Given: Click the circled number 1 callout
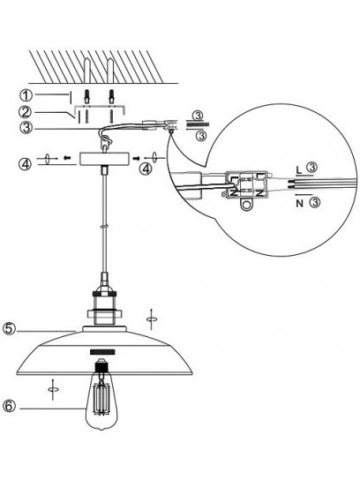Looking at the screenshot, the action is (x=26, y=95).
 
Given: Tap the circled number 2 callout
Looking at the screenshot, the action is (x=26, y=112).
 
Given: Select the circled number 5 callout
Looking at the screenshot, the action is (x=10, y=328).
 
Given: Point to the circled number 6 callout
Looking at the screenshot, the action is (x=9, y=407).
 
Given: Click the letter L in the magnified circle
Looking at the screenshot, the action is (x=299, y=170).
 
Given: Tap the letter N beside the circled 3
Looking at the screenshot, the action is (x=300, y=203).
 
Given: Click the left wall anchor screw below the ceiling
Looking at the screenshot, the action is (x=86, y=96).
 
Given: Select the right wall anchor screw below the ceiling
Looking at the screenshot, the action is (x=111, y=96).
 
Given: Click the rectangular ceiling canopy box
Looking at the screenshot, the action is (x=105, y=159).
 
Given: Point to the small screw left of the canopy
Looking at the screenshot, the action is (x=67, y=158).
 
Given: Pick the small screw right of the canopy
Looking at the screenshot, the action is (x=137, y=158).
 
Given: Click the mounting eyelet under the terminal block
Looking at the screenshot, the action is (x=246, y=205).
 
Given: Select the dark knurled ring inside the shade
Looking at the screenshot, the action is (x=102, y=352).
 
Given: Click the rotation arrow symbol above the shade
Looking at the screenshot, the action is (x=151, y=319).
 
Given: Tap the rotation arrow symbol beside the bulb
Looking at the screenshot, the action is (x=53, y=389).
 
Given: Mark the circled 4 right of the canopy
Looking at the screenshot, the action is (x=146, y=169).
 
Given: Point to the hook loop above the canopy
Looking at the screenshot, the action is (x=107, y=141).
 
